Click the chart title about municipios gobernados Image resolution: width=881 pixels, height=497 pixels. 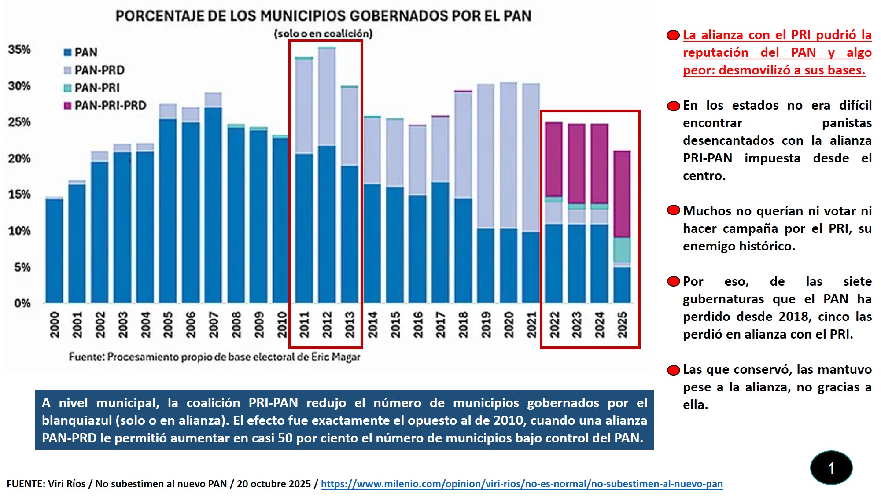[x=323, y=16]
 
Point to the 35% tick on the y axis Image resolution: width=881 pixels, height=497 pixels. [x=19, y=49]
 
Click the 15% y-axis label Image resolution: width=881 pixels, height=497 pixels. [x=19, y=195]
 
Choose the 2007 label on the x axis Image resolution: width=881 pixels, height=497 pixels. [x=214, y=324]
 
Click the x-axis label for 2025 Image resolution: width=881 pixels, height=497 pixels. [x=622, y=324]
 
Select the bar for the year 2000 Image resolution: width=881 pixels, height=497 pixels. [x=54, y=251]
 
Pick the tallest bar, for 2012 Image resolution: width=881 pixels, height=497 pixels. [x=327, y=176]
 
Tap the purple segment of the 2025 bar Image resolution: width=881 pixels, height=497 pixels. [x=622, y=194]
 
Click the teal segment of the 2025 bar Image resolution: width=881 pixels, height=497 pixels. [x=622, y=250]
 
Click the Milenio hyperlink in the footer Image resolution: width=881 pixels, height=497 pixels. [x=522, y=484]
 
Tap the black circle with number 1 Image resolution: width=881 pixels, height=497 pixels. [x=831, y=468]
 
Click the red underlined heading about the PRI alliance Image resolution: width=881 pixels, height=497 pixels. [x=777, y=52]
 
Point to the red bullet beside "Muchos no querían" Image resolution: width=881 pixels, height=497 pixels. [x=673, y=210]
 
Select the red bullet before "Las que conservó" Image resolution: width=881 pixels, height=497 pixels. [x=673, y=370]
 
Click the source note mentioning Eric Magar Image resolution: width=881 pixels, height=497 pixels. [x=214, y=357]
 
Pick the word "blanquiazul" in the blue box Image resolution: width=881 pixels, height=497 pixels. [x=77, y=420]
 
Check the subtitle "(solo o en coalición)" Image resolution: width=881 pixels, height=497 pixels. [x=323, y=33]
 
